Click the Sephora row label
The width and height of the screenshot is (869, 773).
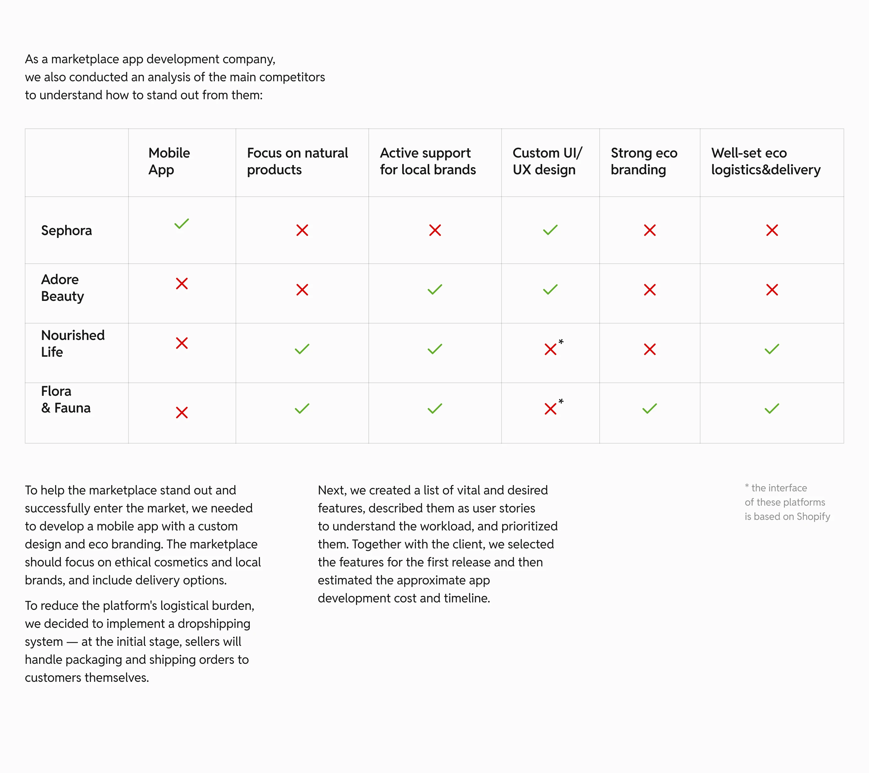pyautogui.click(x=66, y=230)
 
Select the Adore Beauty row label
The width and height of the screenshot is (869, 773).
pyautogui.click(x=62, y=288)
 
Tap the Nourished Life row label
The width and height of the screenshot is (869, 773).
pyautogui.click(x=73, y=343)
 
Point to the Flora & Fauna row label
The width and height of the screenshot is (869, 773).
pyautogui.click(x=65, y=400)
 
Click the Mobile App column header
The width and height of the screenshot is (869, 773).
pyautogui.click(x=169, y=161)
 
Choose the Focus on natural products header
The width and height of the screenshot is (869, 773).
pyautogui.click(x=297, y=161)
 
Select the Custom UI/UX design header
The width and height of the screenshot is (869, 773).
pyautogui.click(x=547, y=161)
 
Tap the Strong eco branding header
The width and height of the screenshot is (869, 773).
pyautogui.click(x=644, y=161)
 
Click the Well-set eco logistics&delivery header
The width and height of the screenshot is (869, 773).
pyautogui.click(x=765, y=161)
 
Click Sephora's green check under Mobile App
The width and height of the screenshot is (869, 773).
pyautogui.click(x=182, y=224)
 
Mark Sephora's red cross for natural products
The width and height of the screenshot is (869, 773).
pyautogui.click(x=302, y=230)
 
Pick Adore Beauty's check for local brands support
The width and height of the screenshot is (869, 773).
pyautogui.click(x=435, y=289)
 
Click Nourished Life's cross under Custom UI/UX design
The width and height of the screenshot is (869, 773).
pyautogui.click(x=550, y=349)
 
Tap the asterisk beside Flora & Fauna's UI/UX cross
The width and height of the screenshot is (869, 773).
pyautogui.click(x=561, y=401)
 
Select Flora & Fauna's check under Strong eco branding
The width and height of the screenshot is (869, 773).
pyautogui.click(x=650, y=409)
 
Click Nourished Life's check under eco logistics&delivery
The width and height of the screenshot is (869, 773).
pyautogui.click(x=772, y=349)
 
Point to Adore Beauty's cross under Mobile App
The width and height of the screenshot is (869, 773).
pyautogui.click(x=182, y=284)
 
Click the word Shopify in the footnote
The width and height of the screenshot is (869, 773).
pyautogui.click(x=813, y=516)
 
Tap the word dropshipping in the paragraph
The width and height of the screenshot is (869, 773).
pyautogui.click(x=214, y=623)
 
